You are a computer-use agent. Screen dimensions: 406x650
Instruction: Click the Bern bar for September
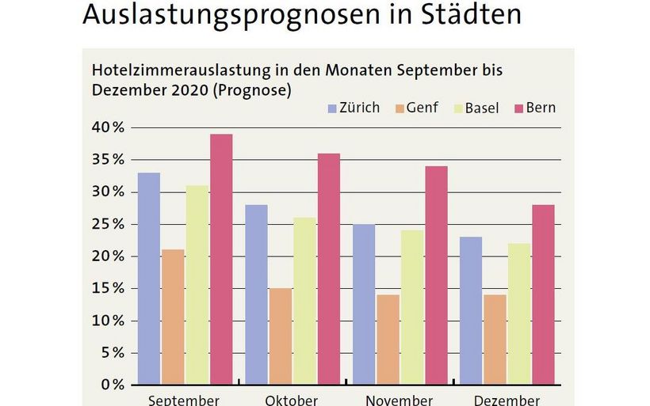point(220,260)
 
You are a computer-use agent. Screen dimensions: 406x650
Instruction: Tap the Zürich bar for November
point(364,305)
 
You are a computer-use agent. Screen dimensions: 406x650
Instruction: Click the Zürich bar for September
point(149,279)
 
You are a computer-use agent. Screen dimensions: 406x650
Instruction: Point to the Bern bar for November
point(436,275)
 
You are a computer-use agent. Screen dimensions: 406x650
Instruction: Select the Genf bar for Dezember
point(495,340)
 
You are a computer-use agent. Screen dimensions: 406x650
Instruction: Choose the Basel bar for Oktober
point(304,301)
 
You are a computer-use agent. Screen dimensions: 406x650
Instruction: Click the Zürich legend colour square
point(331,108)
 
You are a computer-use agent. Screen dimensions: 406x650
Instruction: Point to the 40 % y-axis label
point(106,127)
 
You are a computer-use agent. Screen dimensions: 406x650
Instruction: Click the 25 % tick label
point(106,224)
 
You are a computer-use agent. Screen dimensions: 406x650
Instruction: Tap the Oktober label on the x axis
point(291,400)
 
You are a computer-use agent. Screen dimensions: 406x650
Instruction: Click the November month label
point(400,400)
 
